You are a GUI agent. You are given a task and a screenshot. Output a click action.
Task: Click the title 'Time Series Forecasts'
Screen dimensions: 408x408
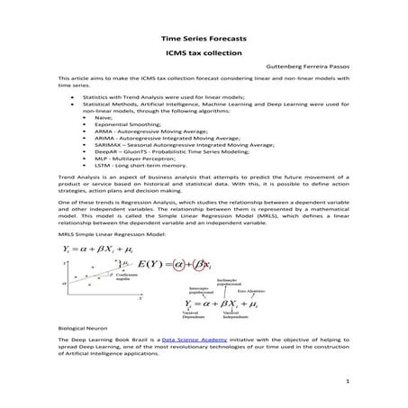(x=203, y=40)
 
